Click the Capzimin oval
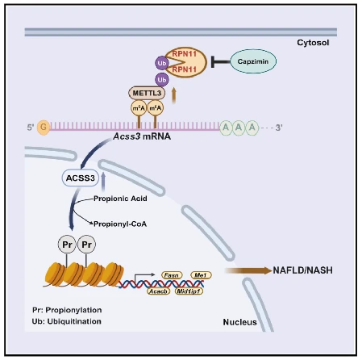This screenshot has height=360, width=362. [253, 61]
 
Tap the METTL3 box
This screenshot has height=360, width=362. [147, 93]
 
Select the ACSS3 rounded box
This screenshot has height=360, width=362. [81, 178]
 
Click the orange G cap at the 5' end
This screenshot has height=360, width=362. [44, 127]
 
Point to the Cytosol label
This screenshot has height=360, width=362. [313, 43]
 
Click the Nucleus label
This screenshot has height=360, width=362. [239, 322]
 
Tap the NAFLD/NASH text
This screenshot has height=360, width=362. [302, 270]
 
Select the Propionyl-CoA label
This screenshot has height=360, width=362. [120, 224]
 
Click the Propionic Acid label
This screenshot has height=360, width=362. [120, 199]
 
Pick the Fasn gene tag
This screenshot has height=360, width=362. [172, 275]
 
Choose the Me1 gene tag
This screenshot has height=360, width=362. [201, 275]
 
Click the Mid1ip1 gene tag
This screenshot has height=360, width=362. [189, 291]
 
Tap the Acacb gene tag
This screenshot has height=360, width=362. [159, 291]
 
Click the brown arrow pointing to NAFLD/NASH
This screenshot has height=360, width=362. [248, 270]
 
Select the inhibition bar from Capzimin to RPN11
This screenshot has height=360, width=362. [221, 61]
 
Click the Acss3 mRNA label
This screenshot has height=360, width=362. [142, 136]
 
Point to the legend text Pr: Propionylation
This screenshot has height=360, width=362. [67, 310]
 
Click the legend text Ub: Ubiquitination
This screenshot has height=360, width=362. [67, 321]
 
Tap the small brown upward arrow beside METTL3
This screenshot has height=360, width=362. [174, 95]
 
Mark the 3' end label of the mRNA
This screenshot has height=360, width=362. [279, 128]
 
